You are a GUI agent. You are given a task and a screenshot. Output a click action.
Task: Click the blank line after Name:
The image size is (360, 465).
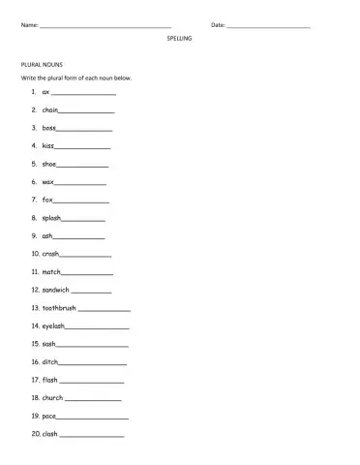(x=105, y=25)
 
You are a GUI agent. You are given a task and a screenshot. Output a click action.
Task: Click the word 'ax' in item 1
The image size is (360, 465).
(x=45, y=92)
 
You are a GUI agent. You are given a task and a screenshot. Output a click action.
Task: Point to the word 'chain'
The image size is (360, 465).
(x=50, y=110)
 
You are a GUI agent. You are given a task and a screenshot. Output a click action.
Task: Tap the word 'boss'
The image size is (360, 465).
(x=49, y=128)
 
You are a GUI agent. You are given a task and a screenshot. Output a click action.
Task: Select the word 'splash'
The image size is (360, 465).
(x=52, y=218)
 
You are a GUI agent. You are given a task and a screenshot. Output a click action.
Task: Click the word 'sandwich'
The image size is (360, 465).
(x=56, y=290)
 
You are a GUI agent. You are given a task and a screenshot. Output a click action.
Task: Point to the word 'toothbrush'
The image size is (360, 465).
(x=59, y=308)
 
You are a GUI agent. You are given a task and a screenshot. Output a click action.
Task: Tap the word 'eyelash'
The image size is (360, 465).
(x=54, y=325)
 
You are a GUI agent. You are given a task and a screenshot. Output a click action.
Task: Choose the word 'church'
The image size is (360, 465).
(x=53, y=398)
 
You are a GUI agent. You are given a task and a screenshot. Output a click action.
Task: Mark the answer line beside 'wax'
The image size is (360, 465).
(x=80, y=183)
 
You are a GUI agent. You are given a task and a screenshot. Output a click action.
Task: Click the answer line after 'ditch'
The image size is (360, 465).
(x=93, y=363)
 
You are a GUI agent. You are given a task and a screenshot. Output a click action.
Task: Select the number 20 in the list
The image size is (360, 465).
(x=35, y=434)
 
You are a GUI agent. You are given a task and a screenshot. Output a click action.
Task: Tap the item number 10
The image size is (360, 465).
(x=35, y=254)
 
